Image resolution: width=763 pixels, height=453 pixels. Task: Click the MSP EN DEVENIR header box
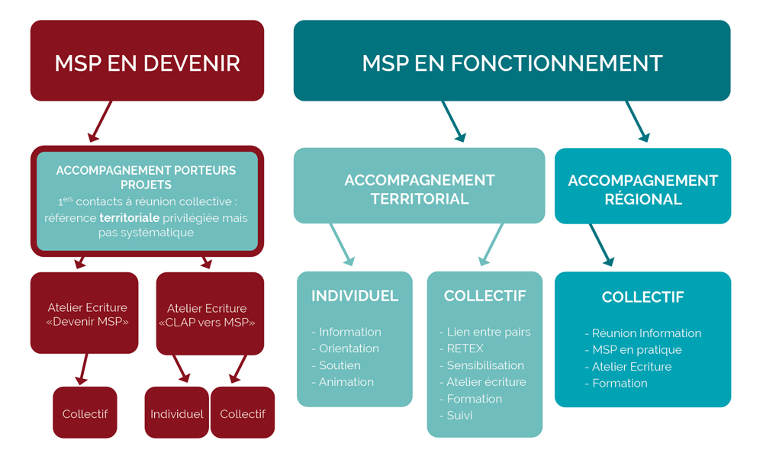click(x=147, y=61)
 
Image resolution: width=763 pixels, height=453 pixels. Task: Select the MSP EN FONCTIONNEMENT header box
click(x=512, y=61)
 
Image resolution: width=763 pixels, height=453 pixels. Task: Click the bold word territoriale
click(x=129, y=218)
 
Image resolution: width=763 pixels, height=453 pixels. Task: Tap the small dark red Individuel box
click(x=177, y=413)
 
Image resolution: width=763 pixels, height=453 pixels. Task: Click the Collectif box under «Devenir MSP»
click(x=85, y=413)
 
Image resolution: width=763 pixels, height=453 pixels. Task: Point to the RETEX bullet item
click(x=465, y=349)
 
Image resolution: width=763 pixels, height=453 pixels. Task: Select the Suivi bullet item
click(x=459, y=416)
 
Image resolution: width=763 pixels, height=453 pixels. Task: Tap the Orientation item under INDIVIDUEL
click(x=349, y=349)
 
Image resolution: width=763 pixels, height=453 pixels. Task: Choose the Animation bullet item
click(x=346, y=382)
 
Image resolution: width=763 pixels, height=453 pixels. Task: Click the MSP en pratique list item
click(x=637, y=350)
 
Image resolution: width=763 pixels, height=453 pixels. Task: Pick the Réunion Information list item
click(x=646, y=333)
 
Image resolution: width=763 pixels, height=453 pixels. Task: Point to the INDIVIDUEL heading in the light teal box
click(x=355, y=296)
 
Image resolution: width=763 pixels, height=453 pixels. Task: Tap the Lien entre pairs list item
click(x=488, y=332)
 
